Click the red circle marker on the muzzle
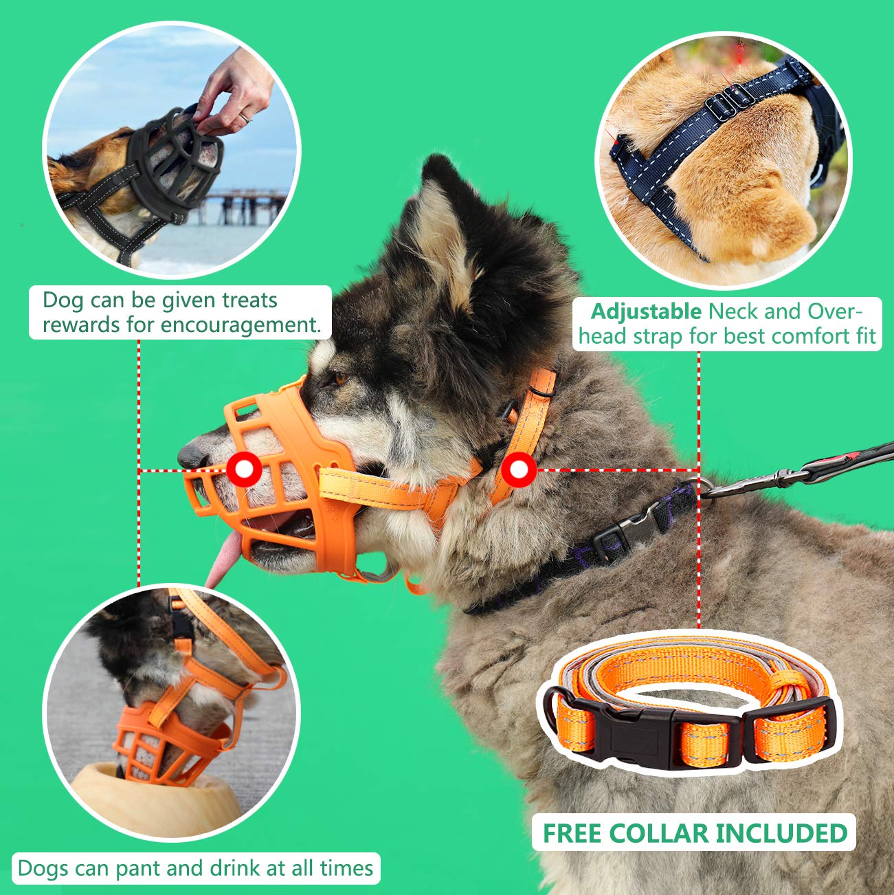[245, 469]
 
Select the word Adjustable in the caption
[646, 311]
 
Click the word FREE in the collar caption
[572, 833]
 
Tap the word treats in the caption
[249, 300]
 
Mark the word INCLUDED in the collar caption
[781, 833]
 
